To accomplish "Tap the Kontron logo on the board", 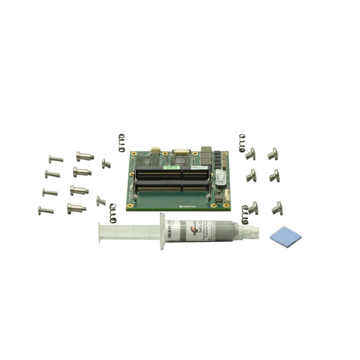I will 186,206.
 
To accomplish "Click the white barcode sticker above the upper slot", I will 198,167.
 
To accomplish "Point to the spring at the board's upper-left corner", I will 122,143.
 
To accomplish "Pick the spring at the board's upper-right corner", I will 242,143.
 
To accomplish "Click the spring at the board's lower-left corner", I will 113,213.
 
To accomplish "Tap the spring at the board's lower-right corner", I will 245,215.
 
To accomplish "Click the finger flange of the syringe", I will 162,231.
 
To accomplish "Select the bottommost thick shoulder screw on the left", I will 76,208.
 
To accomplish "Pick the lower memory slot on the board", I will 172,188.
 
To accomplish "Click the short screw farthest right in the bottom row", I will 277,208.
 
